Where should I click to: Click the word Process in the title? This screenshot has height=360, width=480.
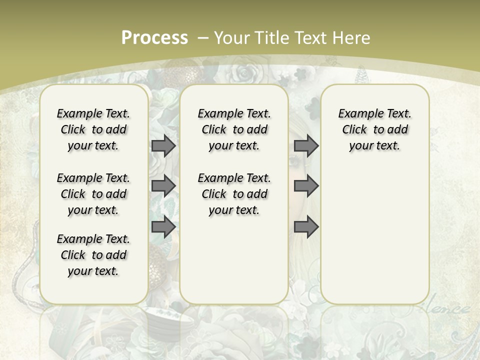(154, 38)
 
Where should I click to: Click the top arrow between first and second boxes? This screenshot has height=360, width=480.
(163, 145)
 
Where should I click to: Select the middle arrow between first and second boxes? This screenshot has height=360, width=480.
(163, 186)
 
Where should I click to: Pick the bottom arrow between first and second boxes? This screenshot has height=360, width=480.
(163, 227)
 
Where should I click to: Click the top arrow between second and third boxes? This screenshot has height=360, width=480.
(306, 145)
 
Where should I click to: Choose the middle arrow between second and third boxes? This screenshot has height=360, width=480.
(306, 186)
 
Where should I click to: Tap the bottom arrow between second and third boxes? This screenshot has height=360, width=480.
(306, 227)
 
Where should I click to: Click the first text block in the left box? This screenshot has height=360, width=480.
(93, 129)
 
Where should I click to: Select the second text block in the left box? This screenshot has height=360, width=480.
(93, 194)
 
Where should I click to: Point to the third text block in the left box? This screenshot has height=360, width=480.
(93, 255)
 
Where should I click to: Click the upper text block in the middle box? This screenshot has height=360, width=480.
(234, 129)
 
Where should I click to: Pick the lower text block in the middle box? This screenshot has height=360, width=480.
(234, 194)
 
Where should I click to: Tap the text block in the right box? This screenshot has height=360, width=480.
(374, 129)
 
